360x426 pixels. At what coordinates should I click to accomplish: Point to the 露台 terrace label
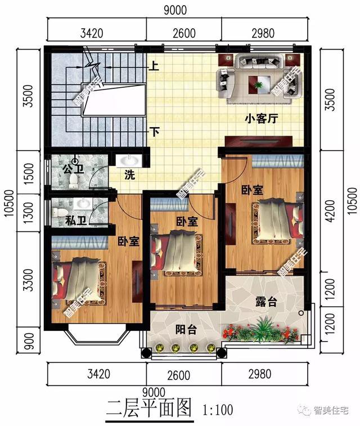pos(266,302)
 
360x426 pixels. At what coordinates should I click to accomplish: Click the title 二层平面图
pos(149,406)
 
